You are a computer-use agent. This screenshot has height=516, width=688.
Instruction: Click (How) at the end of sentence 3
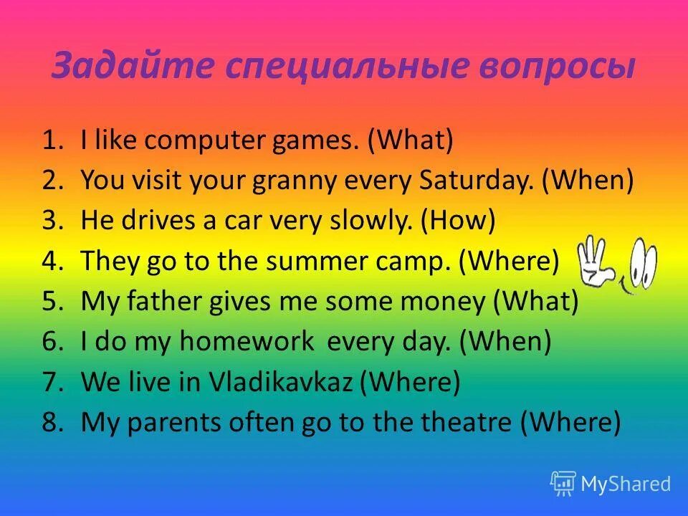(x=457, y=221)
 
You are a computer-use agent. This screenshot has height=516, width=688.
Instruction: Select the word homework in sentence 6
(x=247, y=342)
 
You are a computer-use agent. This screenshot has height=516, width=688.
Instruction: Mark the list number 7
(x=52, y=383)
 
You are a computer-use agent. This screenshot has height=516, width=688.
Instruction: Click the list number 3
(x=52, y=221)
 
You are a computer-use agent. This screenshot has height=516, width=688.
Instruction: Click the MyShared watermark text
(x=625, y=484)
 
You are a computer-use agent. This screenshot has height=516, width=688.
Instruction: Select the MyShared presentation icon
(x=563, y=483)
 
